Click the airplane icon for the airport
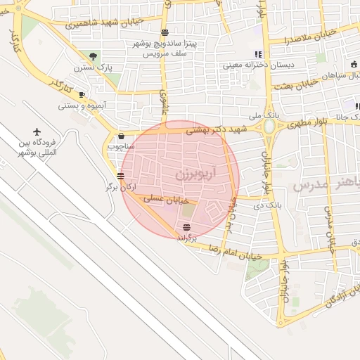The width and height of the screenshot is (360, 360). pos(37,131)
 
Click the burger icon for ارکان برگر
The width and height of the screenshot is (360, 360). pos(121,176)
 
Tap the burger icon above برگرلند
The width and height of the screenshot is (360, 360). pos(186,227)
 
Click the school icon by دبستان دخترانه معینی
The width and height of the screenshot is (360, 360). pos(258,54)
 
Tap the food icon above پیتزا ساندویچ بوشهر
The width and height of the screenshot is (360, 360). pos(165,33)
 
